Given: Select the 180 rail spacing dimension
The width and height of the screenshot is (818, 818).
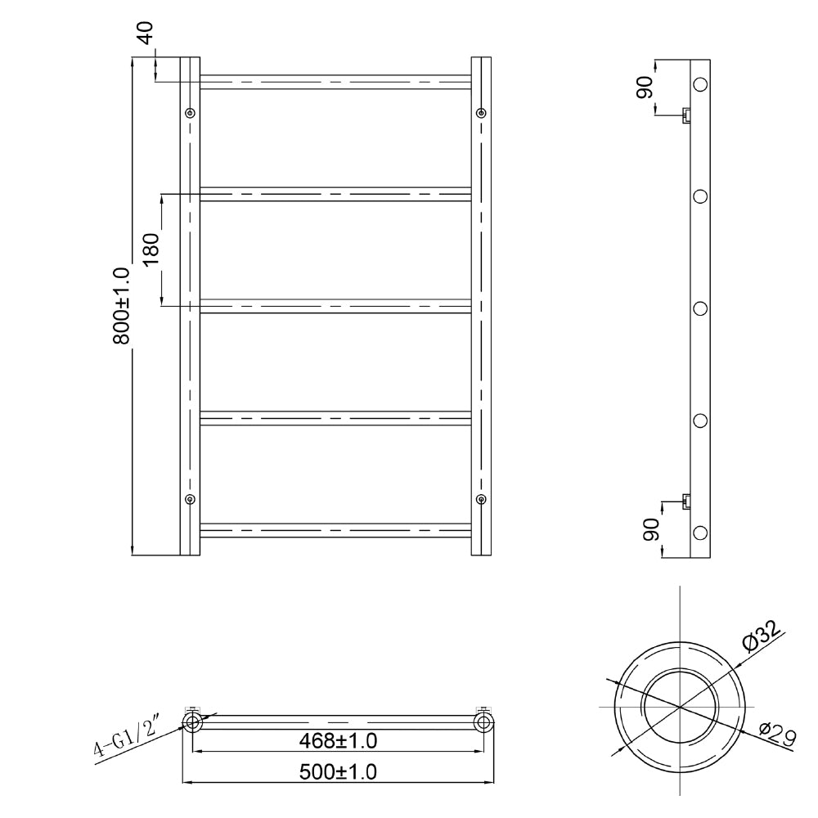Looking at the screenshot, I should click(x=149, y=249).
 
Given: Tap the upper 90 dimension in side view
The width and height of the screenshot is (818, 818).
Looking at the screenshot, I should click(x=645, y=87).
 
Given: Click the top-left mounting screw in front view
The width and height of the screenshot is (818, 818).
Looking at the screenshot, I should click(x=191, y=113).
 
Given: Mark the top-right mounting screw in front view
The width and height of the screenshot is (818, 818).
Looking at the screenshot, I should click(x=481, y=113).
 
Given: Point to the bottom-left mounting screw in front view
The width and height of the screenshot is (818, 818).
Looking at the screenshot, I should click(x=191, y=499).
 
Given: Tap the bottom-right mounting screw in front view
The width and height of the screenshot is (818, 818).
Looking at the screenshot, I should click(x=481, y=499).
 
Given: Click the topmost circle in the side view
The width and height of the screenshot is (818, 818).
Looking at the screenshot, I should click(x=700, y=83).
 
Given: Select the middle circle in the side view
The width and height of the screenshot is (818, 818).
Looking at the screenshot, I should click(x=700, y=308).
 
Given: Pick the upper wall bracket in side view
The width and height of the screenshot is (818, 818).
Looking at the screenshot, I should click(x=687, y=115).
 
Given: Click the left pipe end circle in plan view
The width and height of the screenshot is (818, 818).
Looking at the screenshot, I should click(x=192, y=721).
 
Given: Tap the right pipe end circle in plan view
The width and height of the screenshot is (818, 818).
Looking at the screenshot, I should click(x=483, y=721).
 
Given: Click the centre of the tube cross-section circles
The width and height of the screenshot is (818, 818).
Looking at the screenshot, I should click(x=680, y=705).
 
